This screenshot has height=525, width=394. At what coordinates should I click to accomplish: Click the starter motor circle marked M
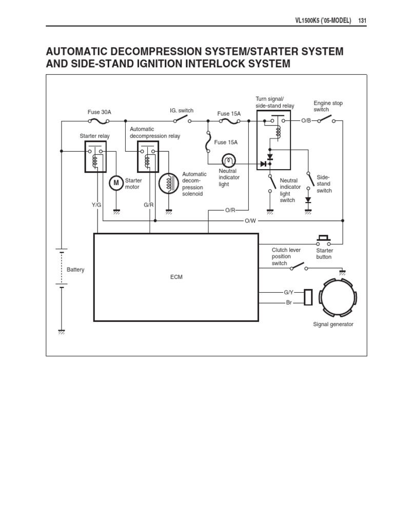point(115,182)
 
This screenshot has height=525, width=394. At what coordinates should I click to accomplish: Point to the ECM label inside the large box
point(176,277)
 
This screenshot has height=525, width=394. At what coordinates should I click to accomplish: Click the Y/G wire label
point(97,205)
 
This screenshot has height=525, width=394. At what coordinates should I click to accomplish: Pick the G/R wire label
point(149,205)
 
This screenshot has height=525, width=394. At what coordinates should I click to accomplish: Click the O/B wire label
point(306,120)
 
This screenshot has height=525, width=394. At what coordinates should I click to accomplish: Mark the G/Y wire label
point(289,292)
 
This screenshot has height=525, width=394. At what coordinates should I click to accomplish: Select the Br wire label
point(289,303)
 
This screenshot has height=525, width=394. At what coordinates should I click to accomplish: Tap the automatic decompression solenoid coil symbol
point(167,184)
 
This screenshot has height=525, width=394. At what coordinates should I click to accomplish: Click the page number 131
point(362,21)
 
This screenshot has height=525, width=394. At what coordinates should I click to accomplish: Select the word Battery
point(75,270)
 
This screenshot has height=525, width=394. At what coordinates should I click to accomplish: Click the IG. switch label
point(182,111)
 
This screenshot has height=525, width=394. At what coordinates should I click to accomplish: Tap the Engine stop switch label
point(328,106)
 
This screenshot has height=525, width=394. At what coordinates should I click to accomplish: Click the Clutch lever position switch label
point(286,256)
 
